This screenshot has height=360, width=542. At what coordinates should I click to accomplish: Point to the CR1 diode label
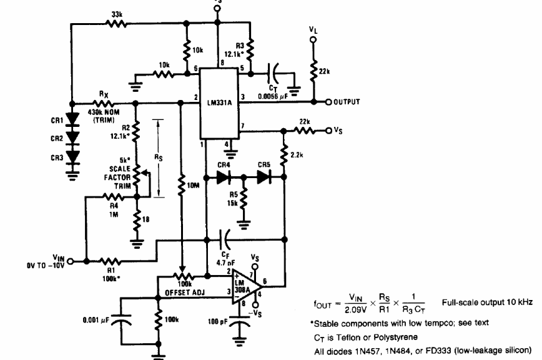pos(57,119)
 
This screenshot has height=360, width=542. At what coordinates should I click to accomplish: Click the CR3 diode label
pos(57,157)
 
